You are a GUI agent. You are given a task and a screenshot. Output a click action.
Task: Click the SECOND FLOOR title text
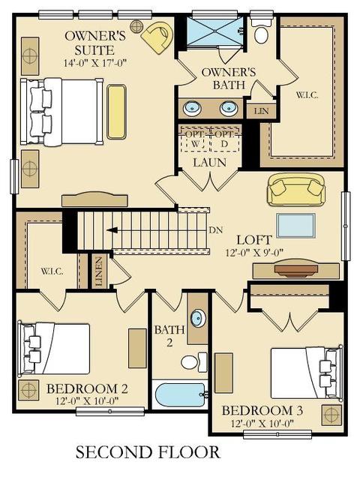click(148, 452)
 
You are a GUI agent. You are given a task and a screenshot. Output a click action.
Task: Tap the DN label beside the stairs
click(216, 230)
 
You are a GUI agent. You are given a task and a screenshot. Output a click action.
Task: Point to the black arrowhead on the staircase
click(112, 230)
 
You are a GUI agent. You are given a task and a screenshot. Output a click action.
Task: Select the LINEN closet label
click(99, 271)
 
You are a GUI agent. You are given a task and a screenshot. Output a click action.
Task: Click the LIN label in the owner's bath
click(262, 111)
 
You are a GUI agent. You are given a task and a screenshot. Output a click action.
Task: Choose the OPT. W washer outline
click(195, 139)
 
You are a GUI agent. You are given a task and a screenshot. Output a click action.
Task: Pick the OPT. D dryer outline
click(225, 139)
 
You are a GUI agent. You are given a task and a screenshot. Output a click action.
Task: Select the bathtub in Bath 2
click(181, 394)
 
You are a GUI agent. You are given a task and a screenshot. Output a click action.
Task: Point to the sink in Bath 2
click(198, 318)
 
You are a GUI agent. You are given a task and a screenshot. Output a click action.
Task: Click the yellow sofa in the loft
click(296, 190)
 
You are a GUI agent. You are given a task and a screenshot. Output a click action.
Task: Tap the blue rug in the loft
click(295, 225)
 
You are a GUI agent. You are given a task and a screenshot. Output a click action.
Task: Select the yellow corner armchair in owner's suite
click(157, 37)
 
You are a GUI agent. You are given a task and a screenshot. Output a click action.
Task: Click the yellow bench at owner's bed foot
click(116, 112)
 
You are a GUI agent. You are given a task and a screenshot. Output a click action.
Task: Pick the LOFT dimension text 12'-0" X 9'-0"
click(254, 253)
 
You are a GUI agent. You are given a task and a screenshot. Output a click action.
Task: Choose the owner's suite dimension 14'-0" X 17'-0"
click(95, 63)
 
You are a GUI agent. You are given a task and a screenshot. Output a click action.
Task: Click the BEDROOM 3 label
click(262, 411)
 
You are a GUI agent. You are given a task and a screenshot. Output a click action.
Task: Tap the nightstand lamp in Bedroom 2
click(28, 389)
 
